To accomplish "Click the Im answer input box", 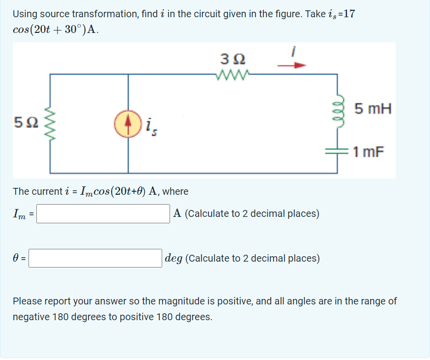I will point(103,213).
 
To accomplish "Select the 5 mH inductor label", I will point(373,109).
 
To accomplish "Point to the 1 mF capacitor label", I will point(368,152).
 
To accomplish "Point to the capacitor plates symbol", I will point(337,152).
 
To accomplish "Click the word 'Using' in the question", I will point(25,14).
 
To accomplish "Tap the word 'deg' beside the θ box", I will point(174,258).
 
